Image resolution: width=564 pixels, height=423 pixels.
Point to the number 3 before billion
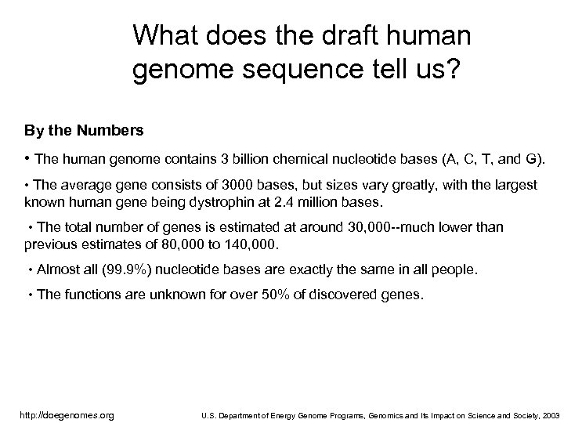[226, 161]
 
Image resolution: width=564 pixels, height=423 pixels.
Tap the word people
[455, 269]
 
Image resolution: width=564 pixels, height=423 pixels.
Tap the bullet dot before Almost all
[29, 270]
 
